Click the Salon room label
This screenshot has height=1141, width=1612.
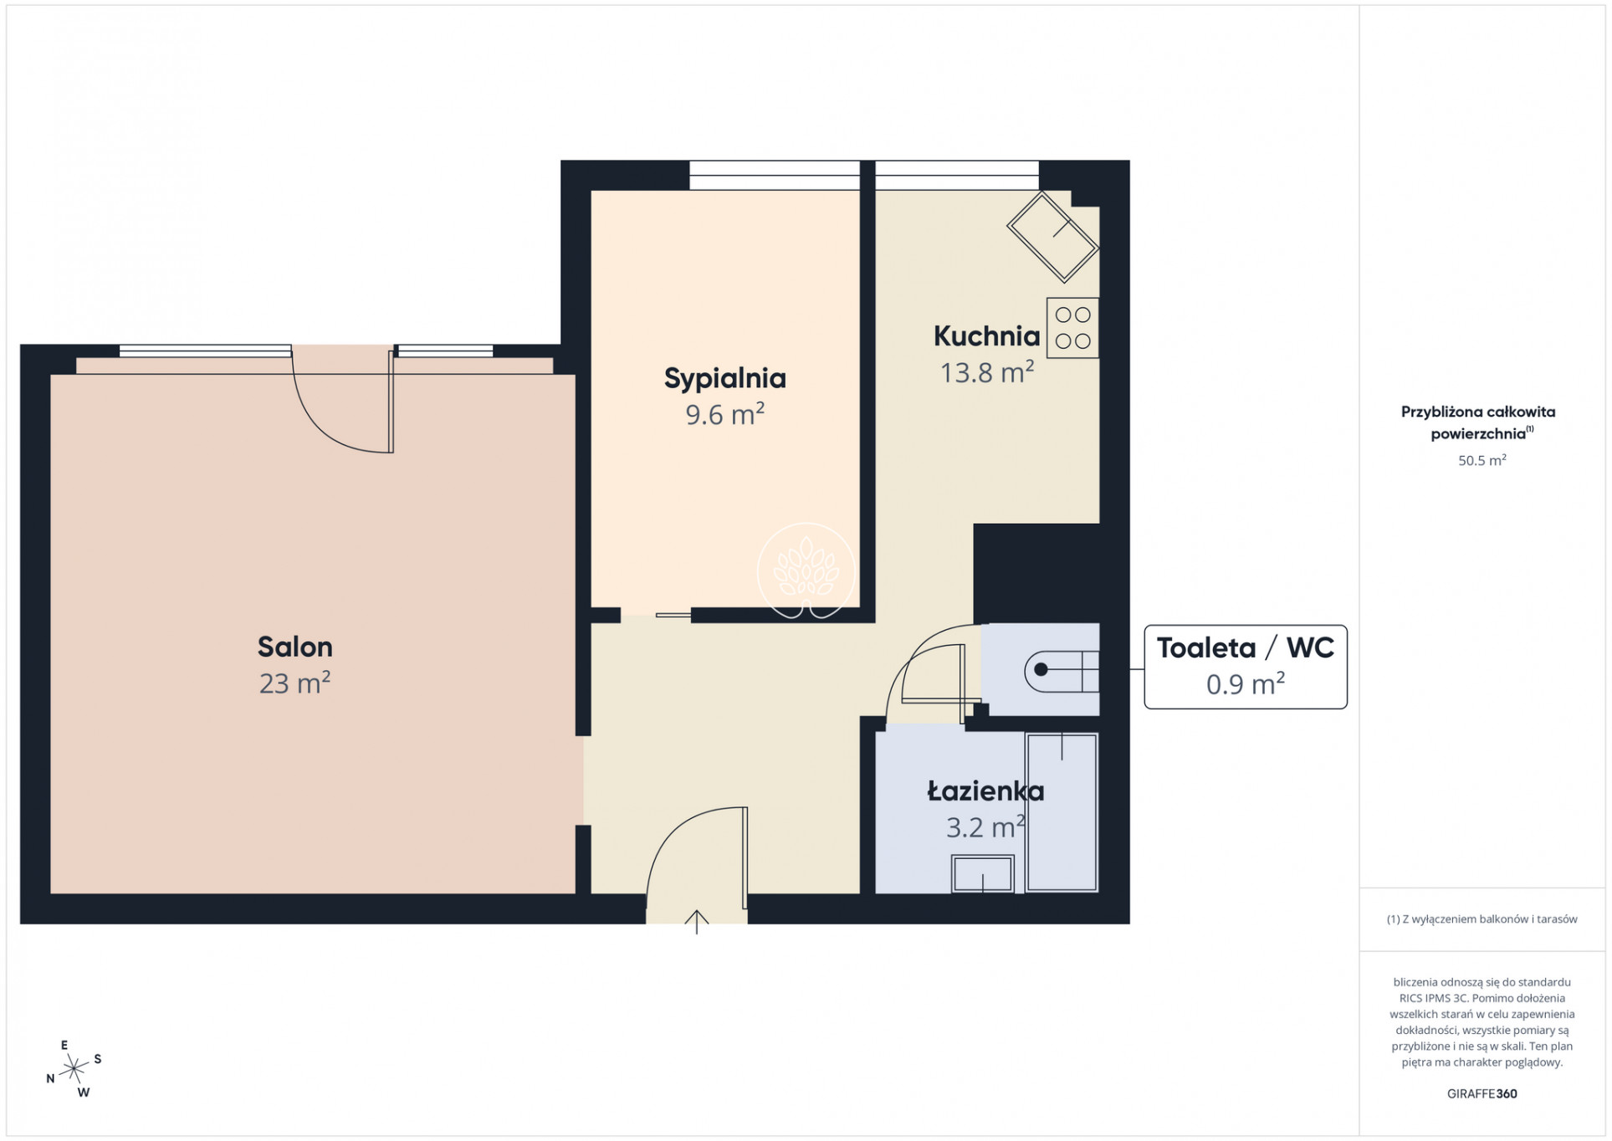coord(294,647)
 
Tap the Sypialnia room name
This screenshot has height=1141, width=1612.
coord(725,379)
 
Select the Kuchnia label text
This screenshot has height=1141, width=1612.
coord(987,336)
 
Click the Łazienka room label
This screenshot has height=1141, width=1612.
coord(985,791)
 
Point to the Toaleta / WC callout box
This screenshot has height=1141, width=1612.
coord(1246,667)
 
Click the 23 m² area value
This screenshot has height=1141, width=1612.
coord(294,683)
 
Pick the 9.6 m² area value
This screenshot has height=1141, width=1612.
coord(725,414)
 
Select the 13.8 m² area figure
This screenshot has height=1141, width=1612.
coord(987,371)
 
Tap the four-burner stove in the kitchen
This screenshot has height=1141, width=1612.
coord(1072,328)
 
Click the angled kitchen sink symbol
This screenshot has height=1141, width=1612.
coord(1052,237)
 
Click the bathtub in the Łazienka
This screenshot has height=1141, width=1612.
coord(1062,812)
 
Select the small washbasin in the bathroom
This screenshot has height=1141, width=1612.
coord(983,874)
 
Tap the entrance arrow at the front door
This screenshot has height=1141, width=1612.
coord(696,921)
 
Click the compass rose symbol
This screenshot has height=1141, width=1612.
coord(74,1068)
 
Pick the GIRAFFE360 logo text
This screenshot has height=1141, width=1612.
coord(1482,1093)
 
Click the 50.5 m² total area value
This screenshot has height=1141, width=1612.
coord(1482,460)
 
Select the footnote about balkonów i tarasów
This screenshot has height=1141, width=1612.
coord(1482,918)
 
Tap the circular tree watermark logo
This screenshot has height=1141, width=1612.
coord(806,571)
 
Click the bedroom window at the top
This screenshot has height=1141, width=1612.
coord(775,176)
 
